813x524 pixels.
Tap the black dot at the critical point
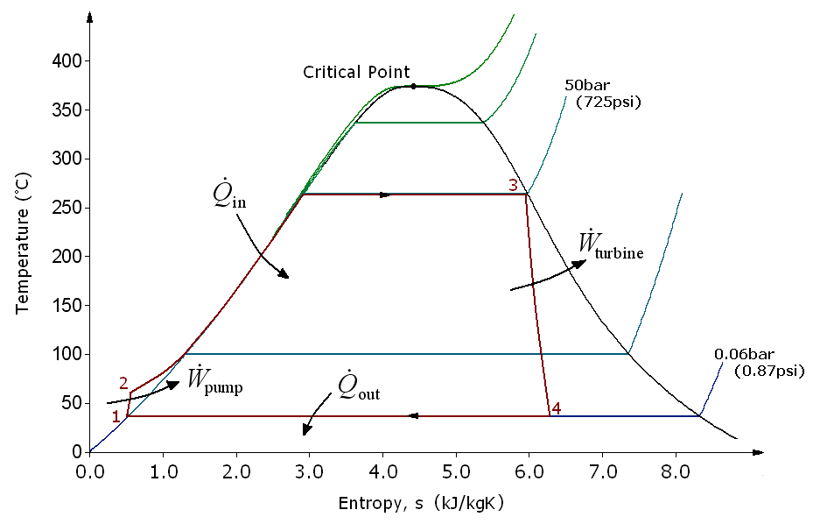pos(413,86)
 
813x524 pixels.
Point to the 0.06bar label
pos(740,354)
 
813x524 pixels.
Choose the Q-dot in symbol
pos(228,196)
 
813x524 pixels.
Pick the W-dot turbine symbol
pos(611,245)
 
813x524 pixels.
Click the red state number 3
pos(513,185)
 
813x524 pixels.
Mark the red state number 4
pos(556,407)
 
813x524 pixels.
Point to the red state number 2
pos(123,384)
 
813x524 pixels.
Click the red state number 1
pos(116,416)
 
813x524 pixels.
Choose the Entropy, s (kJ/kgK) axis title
pos(421,504)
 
